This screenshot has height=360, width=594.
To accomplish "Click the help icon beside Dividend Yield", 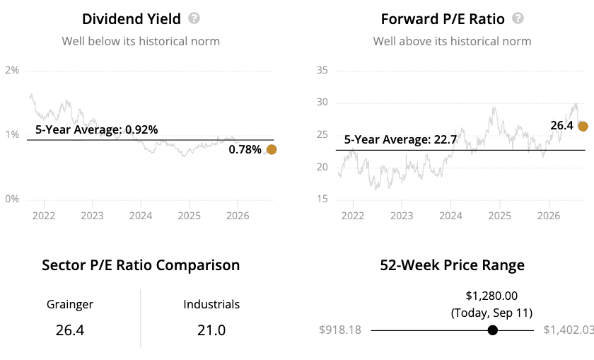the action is click(x=194, y=18).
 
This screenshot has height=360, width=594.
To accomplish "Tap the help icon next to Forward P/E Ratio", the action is click(x=518, y=18).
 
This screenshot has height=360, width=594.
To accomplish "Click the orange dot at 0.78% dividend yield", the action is click(x=272, y=150).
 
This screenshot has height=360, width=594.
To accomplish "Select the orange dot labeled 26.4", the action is click(x=583, y=127).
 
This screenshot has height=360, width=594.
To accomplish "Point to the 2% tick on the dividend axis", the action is click(x=12, y=70).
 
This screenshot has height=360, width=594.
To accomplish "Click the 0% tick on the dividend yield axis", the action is click(x=12, y=199).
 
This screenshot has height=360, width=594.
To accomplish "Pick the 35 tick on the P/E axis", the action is click(x=322, y=70).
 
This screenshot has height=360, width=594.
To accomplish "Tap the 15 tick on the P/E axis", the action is click(x=322, y=199).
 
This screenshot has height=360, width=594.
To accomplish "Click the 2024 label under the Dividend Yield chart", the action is click(x=141, y=216).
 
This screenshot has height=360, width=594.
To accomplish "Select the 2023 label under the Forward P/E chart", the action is click(x=402, y=216).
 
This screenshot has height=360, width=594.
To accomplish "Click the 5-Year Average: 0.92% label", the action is click(x=97, y=129).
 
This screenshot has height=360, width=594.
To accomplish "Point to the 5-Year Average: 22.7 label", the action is click(x=400, y=139).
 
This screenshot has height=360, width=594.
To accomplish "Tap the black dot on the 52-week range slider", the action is click(x=492, y=330).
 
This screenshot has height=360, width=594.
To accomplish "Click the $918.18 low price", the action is click(x=340, y=330).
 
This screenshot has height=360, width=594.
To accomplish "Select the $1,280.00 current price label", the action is click(x=491, y=296).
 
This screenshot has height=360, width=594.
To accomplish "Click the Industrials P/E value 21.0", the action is click(x=211, y=330).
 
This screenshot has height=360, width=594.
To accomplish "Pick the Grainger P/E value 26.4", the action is click(x=70, y=330).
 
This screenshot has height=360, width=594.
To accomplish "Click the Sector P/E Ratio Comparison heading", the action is click(x=141, y=265).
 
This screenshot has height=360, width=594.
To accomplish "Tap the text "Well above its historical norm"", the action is click(x=453, y=41).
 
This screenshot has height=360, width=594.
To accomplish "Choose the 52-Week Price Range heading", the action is click(x=453, y=265).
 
